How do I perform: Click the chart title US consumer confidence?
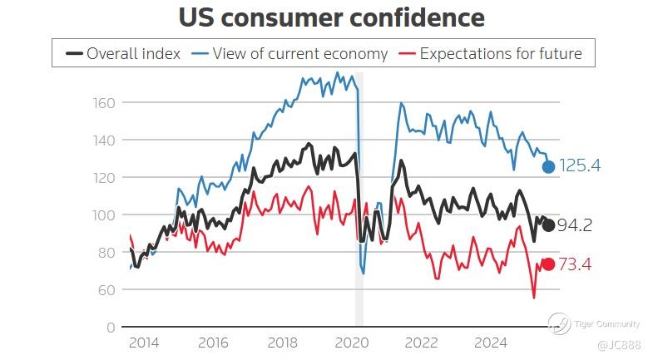[x=332, y=17]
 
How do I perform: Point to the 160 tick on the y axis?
[x=104, y=102]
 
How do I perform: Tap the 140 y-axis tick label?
[x=104, y=140]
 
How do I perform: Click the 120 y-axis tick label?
[x=104, y=177]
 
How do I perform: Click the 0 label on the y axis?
[x=111, y=328]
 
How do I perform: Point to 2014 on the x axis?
[x=144, y=343]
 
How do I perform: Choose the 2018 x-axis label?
[x=283, y=343]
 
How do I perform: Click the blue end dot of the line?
[x=549, y=166]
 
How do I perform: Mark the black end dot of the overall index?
[x=549, y=225]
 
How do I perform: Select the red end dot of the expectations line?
[x=549, y=264]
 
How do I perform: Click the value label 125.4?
[x=580, y=166]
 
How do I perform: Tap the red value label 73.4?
[x=574, y=264]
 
